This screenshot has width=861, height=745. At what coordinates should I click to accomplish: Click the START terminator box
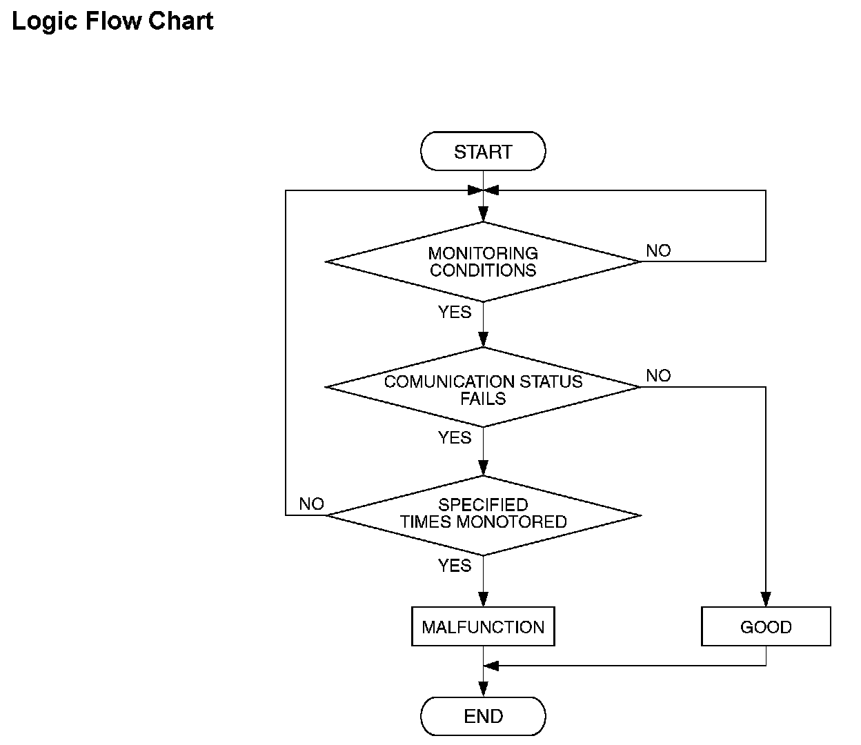(483, 151)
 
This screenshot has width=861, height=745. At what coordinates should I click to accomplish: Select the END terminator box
(483, 716)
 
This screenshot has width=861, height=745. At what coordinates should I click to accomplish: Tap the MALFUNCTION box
(483, 626)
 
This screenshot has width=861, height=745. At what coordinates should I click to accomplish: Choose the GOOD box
(766, 626)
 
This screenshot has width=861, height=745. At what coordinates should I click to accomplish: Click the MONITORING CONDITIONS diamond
(483, 262)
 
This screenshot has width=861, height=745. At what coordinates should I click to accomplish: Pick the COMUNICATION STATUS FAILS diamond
(483, 387)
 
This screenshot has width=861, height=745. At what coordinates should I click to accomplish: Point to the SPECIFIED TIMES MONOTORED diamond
(483, 515)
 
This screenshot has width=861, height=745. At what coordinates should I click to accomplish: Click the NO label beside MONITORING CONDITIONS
(658, 250)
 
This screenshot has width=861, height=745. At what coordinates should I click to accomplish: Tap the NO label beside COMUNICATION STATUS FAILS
(658, 376)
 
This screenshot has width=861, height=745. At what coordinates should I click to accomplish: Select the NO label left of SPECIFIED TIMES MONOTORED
(312, 504)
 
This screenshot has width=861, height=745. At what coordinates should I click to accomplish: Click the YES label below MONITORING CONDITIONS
(455, 312)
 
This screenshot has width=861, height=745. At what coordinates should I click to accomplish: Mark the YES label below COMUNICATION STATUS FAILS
(455, 437)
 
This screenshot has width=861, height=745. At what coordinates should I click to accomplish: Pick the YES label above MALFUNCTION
(455, 566)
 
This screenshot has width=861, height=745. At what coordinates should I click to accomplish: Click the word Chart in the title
(181, 21)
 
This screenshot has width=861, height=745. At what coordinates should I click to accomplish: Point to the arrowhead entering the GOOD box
(766, 599)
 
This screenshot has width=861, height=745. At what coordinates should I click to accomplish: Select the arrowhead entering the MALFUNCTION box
(483, 599)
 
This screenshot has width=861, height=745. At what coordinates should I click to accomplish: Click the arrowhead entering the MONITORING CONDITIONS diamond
(483, 215)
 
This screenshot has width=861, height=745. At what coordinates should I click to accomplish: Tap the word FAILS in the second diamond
(483, 399)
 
